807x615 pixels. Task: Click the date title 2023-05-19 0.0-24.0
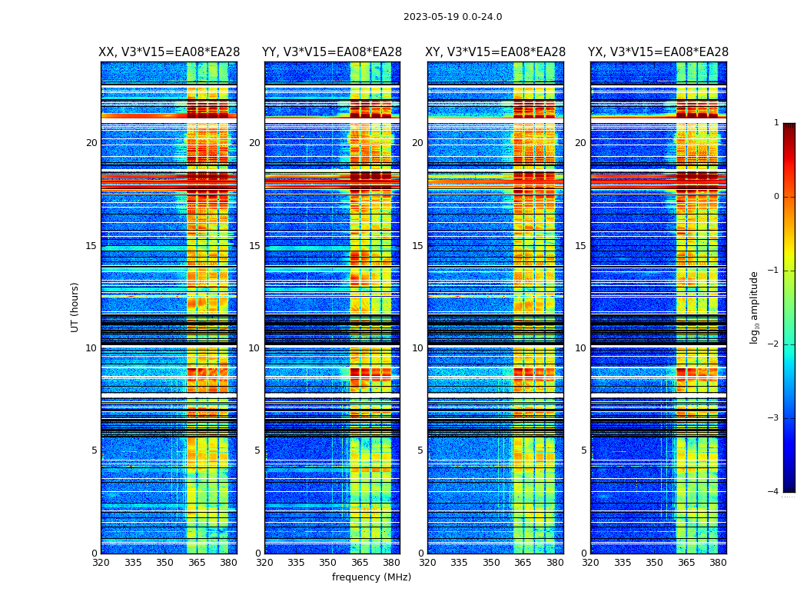coord(453,17)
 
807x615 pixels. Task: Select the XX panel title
coord(169,52)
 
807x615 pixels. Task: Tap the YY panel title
coord(332,52)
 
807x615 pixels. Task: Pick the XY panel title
coord(496,52)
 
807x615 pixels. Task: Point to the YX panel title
coord(658,52)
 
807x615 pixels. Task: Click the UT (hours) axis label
coord(75,307)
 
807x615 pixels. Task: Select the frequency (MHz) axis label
coord(371,577)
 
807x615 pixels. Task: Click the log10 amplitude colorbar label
coord(755,307)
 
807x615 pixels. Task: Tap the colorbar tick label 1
coord(775,123)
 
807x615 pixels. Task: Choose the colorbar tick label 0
coord(775,197)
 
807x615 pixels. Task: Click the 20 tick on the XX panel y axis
coord(91,143)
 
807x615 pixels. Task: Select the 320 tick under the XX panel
coord(101,563)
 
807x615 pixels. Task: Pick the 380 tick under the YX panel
coord(718,563)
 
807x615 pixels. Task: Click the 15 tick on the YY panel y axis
coord(254,246)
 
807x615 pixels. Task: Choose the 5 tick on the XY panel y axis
coord(420,450)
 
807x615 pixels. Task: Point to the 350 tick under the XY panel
coord(491,563)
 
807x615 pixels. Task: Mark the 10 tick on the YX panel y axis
coord(580,348)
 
